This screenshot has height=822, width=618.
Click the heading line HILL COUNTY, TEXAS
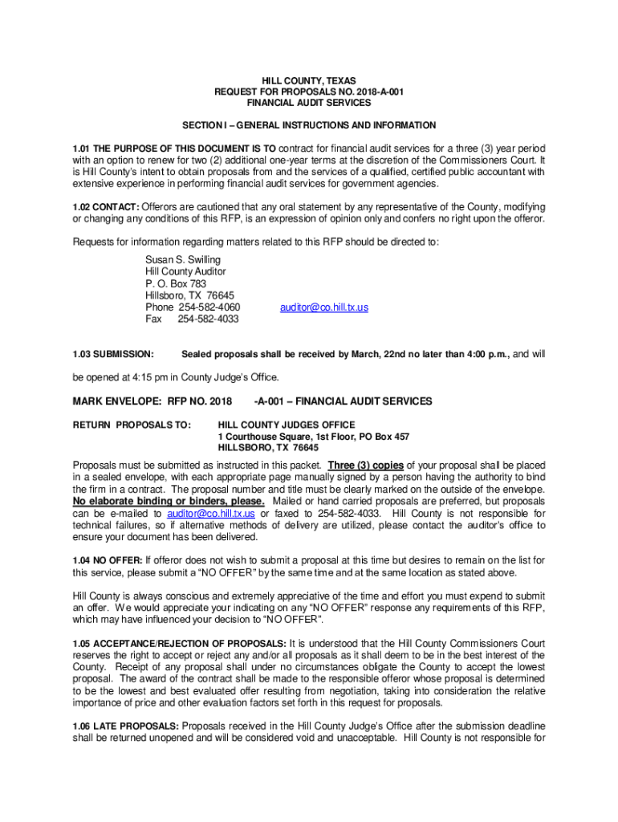pos(308,81)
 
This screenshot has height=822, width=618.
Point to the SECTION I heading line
pos(309,125)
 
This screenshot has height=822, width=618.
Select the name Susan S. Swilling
pos(182,260)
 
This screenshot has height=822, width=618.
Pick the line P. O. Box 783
pos(176,283)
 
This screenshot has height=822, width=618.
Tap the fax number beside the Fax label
pos(208,319)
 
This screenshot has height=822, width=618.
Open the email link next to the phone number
pos(323,307)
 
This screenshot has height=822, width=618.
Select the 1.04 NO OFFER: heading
pos(108,560)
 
